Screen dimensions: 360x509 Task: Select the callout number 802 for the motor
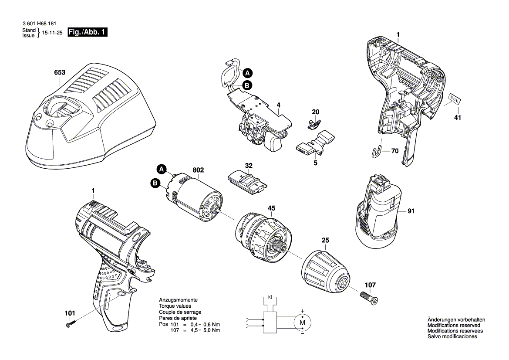[x=198, y=170]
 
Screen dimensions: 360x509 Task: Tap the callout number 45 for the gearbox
[x=271, y=208]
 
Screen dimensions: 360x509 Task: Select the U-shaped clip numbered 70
[x=379, y=151]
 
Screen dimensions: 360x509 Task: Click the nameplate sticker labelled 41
[x=455, y=99]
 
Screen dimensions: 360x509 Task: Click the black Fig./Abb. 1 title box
[x=88, y=33]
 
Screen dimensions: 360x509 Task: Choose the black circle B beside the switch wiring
[x=247, y=85]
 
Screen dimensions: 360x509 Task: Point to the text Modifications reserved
[x=454, y=326]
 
